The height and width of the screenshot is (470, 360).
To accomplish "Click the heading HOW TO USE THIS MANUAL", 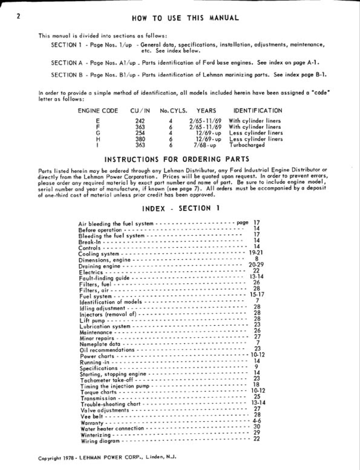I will (185, 18).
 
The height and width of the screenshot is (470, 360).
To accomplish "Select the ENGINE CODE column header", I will (98, 111).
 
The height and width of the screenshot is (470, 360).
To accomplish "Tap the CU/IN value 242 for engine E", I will (140, 121).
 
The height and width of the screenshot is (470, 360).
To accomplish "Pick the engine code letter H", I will (98, 139).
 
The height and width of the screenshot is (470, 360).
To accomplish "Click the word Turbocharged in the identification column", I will (247, 145).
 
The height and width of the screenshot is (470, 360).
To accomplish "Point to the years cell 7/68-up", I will (207, 145).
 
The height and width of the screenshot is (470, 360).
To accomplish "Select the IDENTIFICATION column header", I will (258, 111).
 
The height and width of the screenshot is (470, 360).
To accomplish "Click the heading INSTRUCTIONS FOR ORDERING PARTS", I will (177, 159).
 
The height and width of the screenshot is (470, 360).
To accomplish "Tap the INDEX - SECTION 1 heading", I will (181, 208).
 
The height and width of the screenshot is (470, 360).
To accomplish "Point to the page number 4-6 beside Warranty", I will (257, 421).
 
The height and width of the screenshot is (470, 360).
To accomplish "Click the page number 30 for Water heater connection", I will (257, 427).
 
